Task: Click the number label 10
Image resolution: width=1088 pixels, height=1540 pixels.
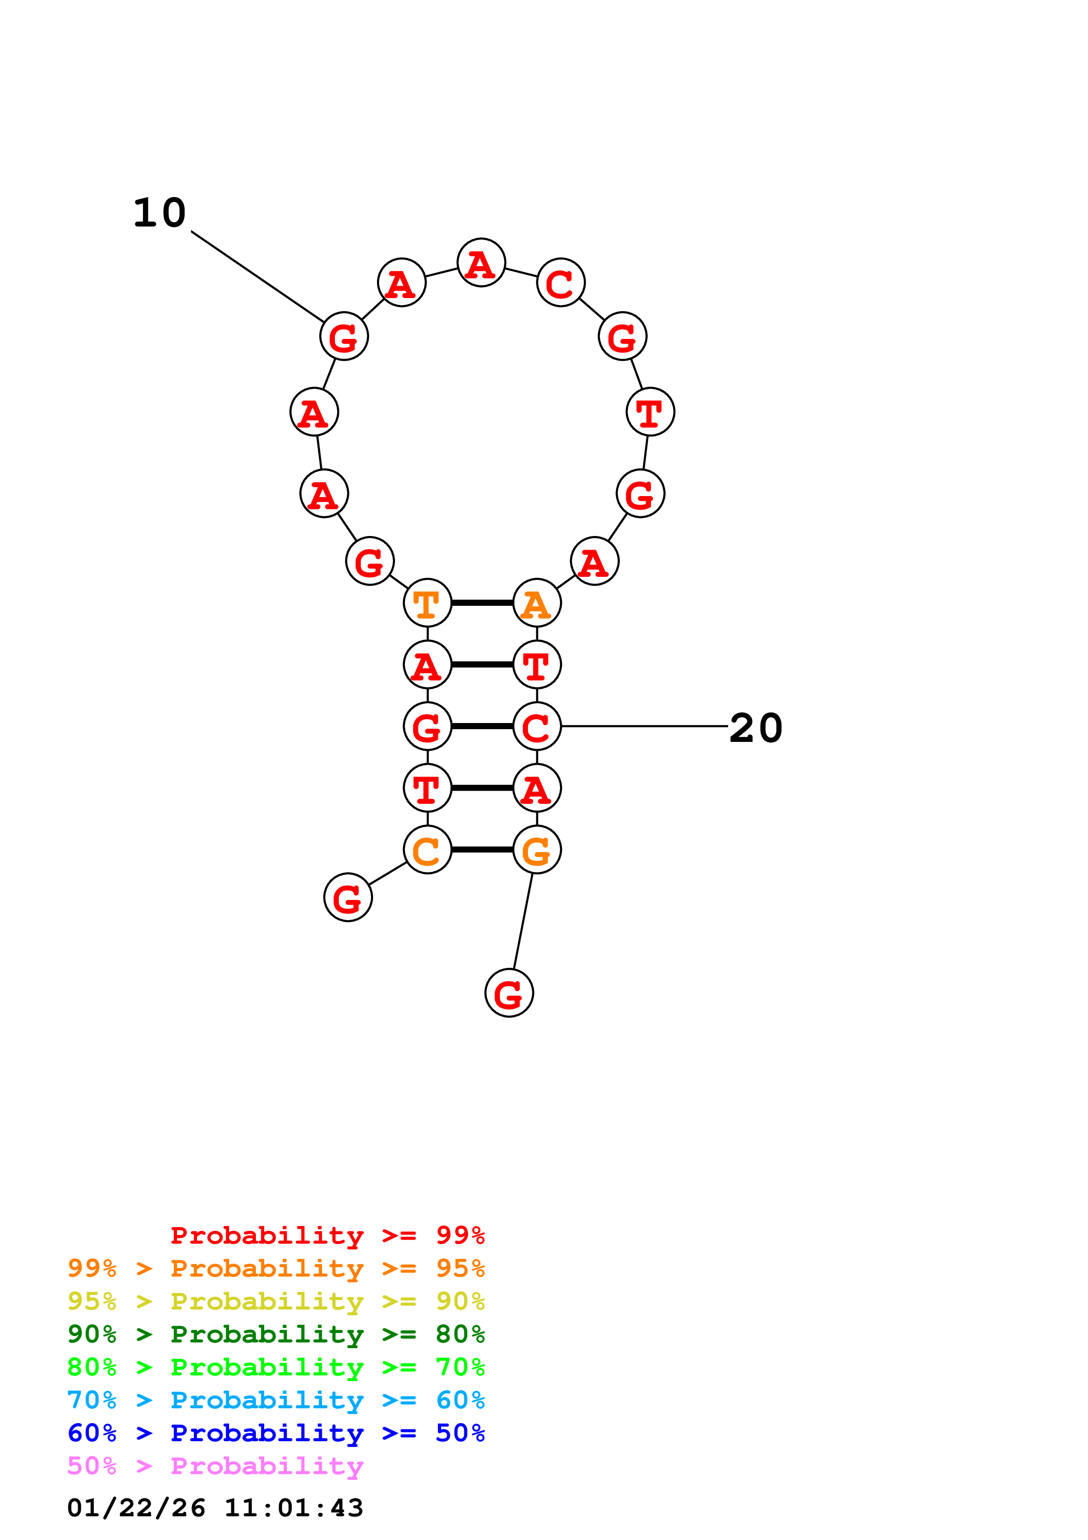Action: [x=160, y=213]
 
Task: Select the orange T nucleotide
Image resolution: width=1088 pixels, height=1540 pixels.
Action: [x=427, y=603]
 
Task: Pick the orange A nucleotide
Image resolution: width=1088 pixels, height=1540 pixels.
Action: [x=536, y=603]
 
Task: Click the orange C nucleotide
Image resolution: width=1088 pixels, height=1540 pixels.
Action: [x=427, y=850]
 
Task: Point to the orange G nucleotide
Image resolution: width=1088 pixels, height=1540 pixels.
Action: [x=536, y=850]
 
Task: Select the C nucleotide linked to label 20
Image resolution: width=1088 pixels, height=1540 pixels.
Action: [x=536, y=727]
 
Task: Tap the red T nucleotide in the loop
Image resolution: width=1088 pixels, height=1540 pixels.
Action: [x=650, y=412]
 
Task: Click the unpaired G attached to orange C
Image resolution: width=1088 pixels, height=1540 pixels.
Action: [x=347, y=897]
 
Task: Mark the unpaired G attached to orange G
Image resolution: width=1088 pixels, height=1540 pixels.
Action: [x=509, y=993]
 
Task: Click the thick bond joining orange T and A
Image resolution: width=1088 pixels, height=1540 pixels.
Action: [x=482, y=603]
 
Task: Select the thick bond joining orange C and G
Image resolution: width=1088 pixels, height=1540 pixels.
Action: [x=482, y=850]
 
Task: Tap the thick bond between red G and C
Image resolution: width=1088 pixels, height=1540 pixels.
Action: [x=482, y=727]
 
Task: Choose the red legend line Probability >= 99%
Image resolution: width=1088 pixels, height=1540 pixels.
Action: [x=327, y=1235]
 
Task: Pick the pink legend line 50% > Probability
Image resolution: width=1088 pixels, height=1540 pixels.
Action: [x=215, y=1466]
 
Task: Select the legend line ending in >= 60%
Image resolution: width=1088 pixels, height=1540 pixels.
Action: [x=276, y=1400]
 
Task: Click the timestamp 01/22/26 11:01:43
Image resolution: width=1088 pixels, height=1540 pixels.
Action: [x=215, y=1508]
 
